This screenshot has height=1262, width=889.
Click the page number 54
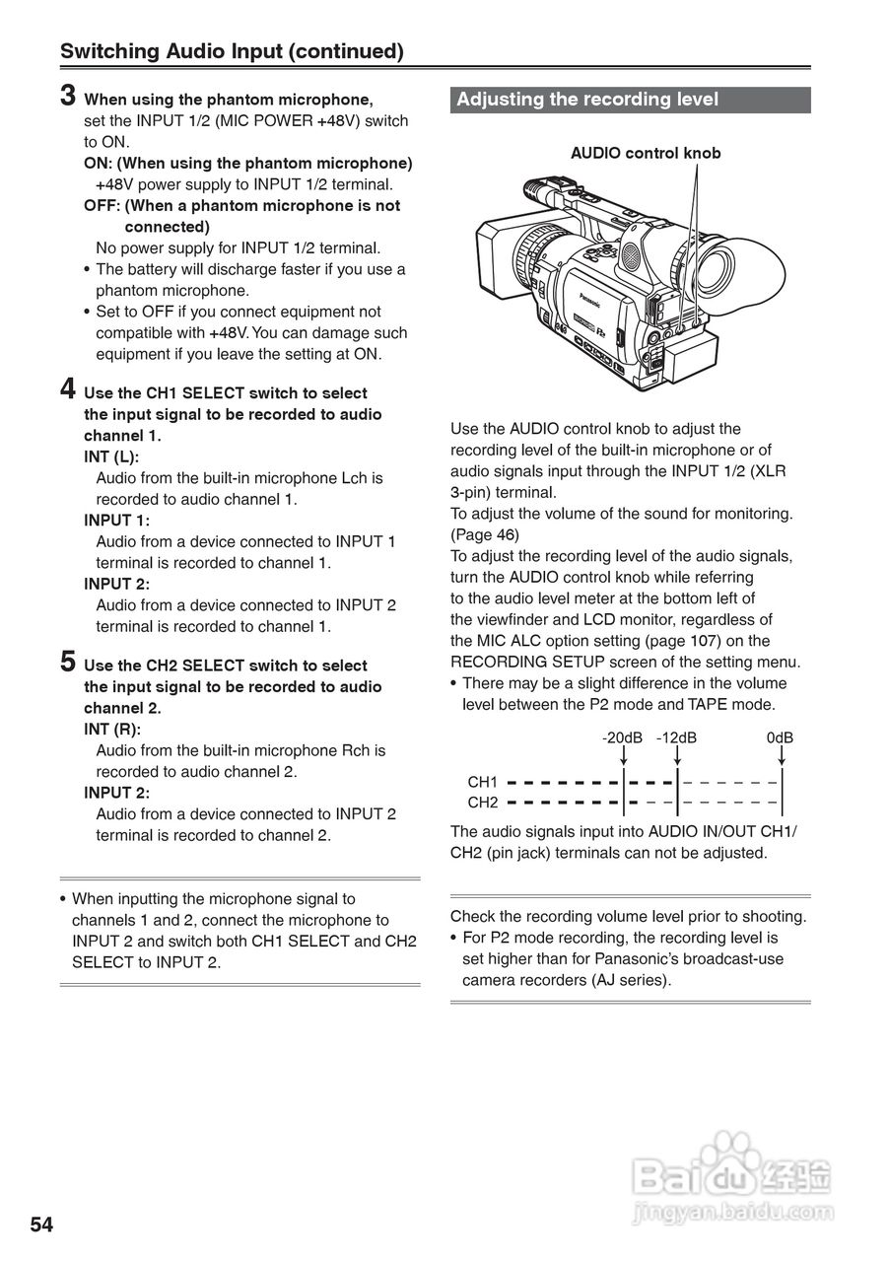(x=41, y=1225)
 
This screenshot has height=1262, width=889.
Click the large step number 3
(x=68, y=96)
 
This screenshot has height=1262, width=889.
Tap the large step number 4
(x=68, y=388)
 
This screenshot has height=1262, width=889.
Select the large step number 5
(x=68, y=662)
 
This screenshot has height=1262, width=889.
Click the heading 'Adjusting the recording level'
(x=587, y=100)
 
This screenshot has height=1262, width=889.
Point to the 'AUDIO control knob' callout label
(x=646, y=153)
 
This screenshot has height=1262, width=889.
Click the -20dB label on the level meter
(x=622, y=737)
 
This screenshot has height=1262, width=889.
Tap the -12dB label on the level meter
(x=676, y=737)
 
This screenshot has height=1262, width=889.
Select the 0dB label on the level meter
(x=780, y=737)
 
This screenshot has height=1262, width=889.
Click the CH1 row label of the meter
(x=483, y=782)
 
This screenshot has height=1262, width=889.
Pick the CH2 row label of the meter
(x=483, y=803)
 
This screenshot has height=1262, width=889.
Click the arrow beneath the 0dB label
(x=781, y=756)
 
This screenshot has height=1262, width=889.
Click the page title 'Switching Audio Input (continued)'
(x=232, y=51)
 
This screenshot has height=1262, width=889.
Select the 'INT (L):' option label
(x=111, y=456)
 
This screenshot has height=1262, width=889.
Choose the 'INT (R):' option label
(x=112, y=730)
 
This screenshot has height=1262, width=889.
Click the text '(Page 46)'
(x=484, y=534)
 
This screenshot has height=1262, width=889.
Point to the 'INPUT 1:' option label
(x=116, y=520)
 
